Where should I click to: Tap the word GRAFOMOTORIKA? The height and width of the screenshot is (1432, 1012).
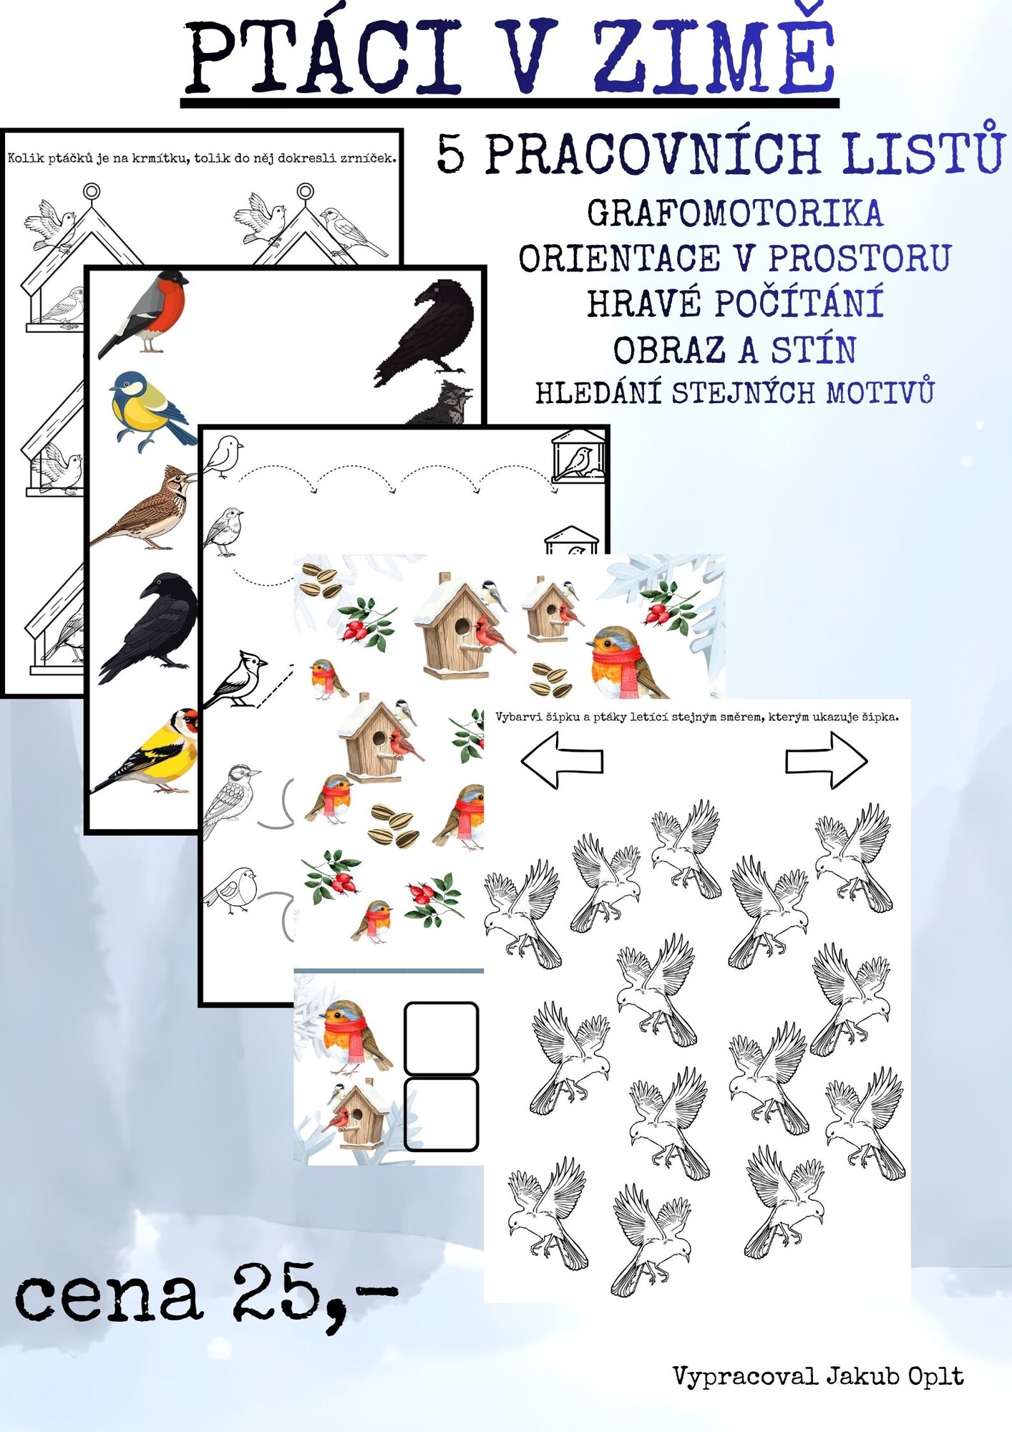coord(735,213)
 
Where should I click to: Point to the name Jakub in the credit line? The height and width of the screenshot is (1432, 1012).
coord(862,1375)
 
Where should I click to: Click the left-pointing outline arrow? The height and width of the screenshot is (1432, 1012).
coord(563,760)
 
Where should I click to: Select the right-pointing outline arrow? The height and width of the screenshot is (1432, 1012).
coord(827,760)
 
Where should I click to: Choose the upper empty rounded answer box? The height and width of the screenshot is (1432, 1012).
coord(441,1038)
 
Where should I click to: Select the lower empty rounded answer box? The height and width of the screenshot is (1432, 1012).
coord(441,1114)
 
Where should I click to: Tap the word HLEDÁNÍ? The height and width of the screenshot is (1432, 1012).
coord(598,392)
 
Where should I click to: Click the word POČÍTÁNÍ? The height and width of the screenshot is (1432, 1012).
coord(799,304)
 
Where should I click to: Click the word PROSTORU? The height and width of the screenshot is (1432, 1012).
coord(860,258)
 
